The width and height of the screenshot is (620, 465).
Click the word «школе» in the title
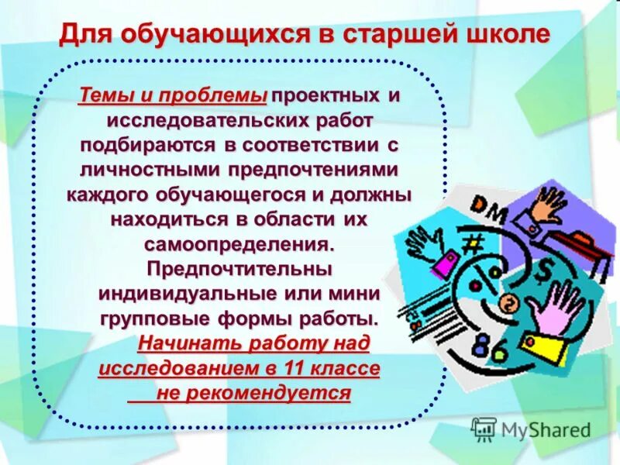tap(507, 35)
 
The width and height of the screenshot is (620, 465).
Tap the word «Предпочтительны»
tap(239, 268)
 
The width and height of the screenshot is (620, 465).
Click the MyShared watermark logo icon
tap(484, 429)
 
